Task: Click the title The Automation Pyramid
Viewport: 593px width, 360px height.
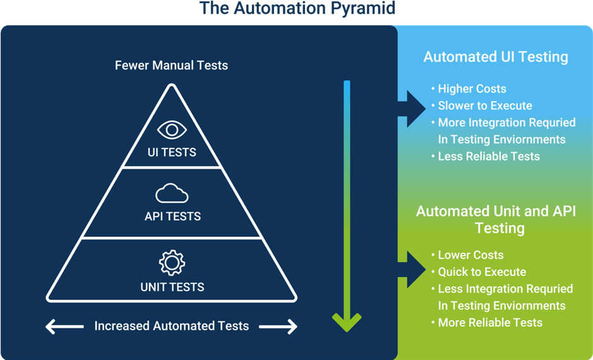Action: pyautogui.click(x=297, y=8)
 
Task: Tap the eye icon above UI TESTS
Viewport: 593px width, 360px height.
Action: pyautogui.click(x=172, y=129)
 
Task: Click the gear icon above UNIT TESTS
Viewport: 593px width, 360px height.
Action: pyautogui.click(x=172, y=263)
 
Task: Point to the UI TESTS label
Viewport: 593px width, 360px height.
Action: pyautogui.click(x=172, y=152)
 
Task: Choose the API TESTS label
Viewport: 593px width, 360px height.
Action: pyautogui.click(x=172, y=216)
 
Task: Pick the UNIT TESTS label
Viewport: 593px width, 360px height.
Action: pyautogui.click(x=172, y=287)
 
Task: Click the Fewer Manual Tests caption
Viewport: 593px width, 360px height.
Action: pyautogui.click(x=171, y=66)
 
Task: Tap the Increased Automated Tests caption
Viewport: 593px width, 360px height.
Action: pyautogui.click(x=172, y=326)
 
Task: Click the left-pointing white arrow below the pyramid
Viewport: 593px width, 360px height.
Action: pyautogui.click(x=64, y=327)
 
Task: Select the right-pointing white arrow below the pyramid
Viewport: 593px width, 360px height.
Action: pyautogui.click(x=279, y=327)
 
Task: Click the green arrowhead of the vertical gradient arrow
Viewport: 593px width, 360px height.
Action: pyautogui.click(x=347, y=322)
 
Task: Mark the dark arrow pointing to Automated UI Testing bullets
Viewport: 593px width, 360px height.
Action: pyautogui.click(x=412, y=109)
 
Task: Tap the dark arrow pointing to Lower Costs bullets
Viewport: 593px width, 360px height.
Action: pyautogui.click(x=412, y=269)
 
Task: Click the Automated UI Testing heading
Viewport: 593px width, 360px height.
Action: pyautogui.click(x=496, y=57)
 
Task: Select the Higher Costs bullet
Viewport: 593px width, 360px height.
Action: pyautogui.click(x=469, y=89)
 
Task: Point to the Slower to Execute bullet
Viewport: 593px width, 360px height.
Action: pyautogui.click(x=482, y=105)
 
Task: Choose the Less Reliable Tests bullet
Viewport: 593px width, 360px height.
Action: pyautogui.click(x=486, y=156)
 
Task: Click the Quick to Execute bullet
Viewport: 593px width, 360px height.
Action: pyautogui.click(x=479, y=272)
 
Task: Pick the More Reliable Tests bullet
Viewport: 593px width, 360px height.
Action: pyautogui.click(x=487, y=322)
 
